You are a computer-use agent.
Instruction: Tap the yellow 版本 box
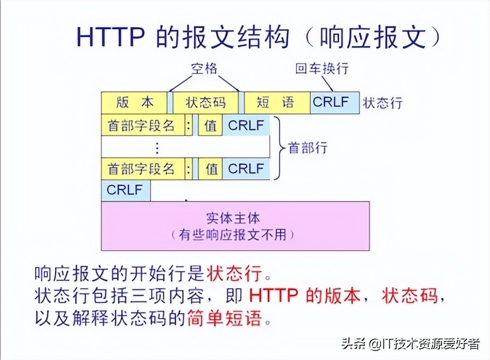click(x=134, y=102)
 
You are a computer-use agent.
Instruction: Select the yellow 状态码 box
click(x=206, y=102)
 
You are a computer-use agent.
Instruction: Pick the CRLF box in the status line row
click(x=334, y=102)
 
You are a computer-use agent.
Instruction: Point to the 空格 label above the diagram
click(x=205, y=69)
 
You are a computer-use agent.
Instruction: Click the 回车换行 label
click(x=322, y=69)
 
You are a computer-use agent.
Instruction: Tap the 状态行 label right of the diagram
click(x=382, y=103)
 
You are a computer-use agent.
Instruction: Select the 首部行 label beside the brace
click(x=307, y=148)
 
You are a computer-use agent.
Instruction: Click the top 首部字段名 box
click(x=142, y=126)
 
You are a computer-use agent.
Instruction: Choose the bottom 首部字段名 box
click(x=142, y=169)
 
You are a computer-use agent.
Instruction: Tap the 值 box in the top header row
click(x=211, y=126)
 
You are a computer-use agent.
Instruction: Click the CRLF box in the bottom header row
click(x=246, y=169)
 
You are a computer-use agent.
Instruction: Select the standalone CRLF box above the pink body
click(x=126, y=190)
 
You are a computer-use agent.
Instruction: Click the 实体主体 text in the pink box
click(x=235, y=219)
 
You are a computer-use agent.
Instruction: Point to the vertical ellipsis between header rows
click(x=157, y=148)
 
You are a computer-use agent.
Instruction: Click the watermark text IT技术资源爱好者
click(x=427, y=343)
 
